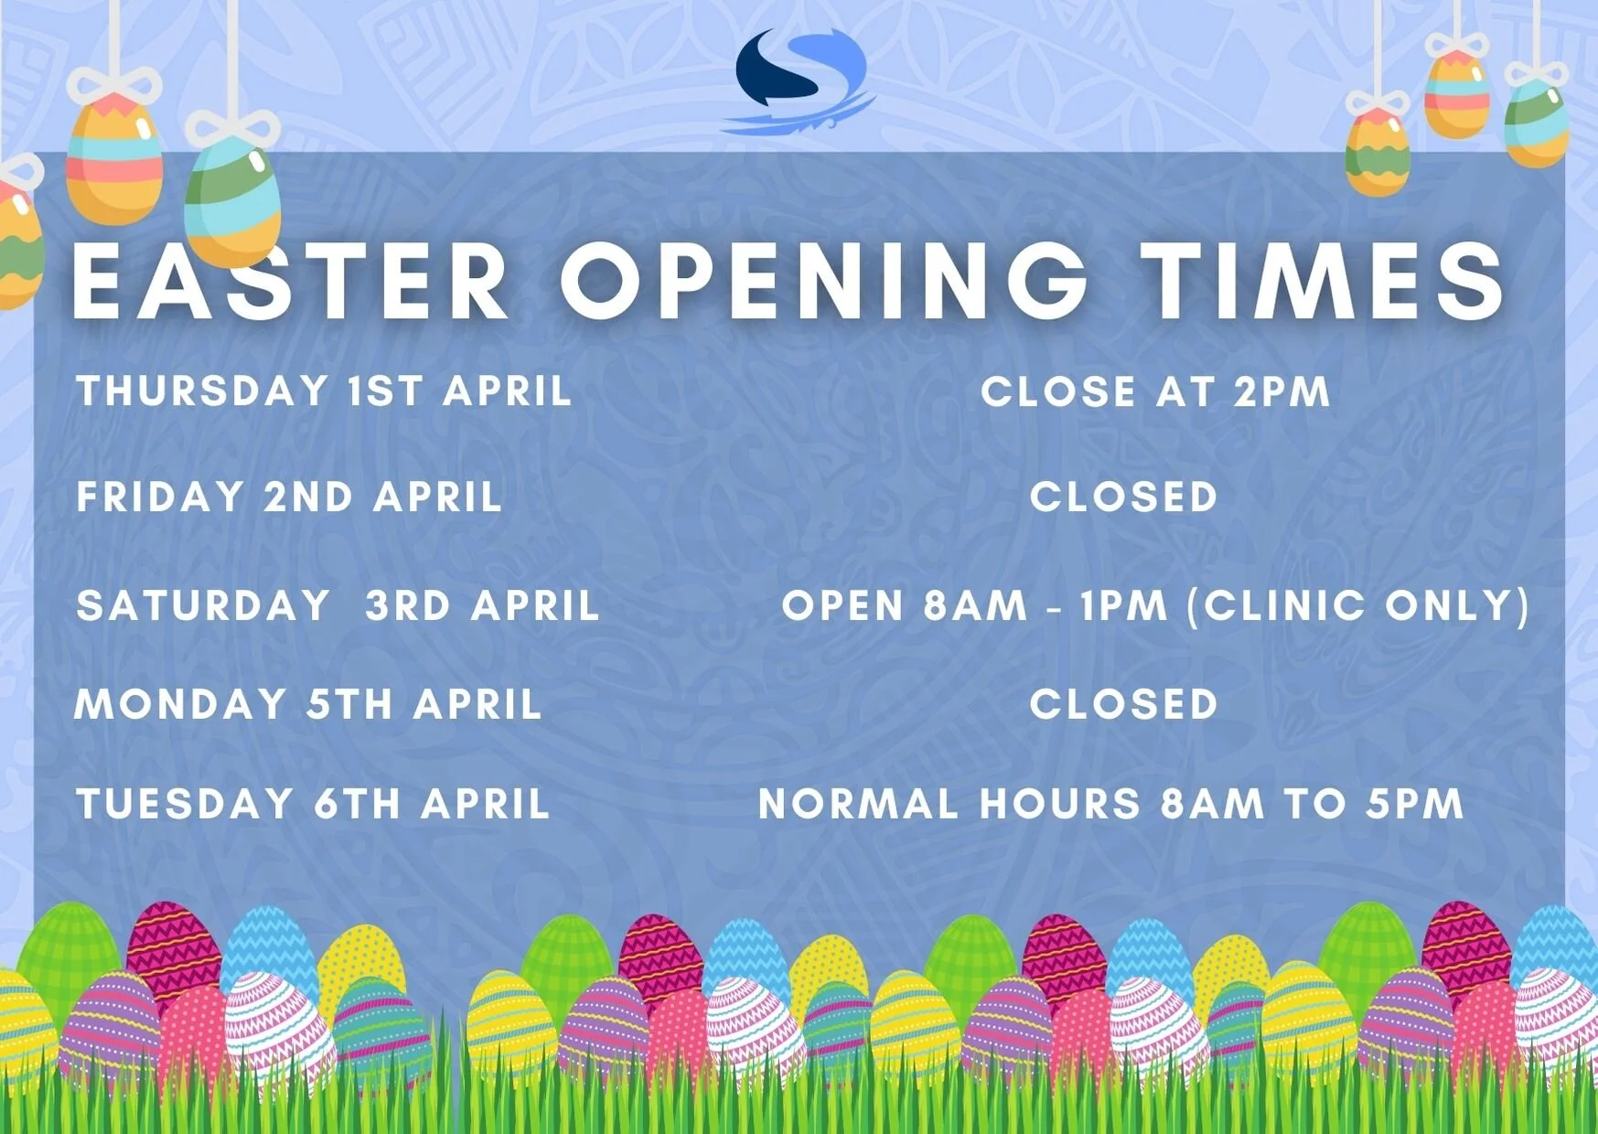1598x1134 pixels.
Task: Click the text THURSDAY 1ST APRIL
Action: click(324, 391)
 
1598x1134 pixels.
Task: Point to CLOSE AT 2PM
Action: click(1155, 392)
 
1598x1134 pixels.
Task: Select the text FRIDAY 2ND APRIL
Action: click(289, 497)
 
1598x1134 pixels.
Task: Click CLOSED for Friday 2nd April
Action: click(1124, 497)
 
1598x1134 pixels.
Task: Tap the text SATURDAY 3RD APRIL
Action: click(338, 605)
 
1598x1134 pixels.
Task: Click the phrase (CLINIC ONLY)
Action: click(1358, 605)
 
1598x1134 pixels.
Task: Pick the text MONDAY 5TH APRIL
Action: click(308, 704)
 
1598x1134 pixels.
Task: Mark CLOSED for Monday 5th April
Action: click(1124, 704)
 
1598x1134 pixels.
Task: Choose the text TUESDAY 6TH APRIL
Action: click(313, 804)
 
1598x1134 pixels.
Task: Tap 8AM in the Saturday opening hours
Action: click(975, 605)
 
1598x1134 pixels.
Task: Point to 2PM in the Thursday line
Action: click(1282, 392)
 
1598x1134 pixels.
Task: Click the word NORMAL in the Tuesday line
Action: click(858, 804)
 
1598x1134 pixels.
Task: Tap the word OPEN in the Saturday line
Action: click(842, 605)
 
